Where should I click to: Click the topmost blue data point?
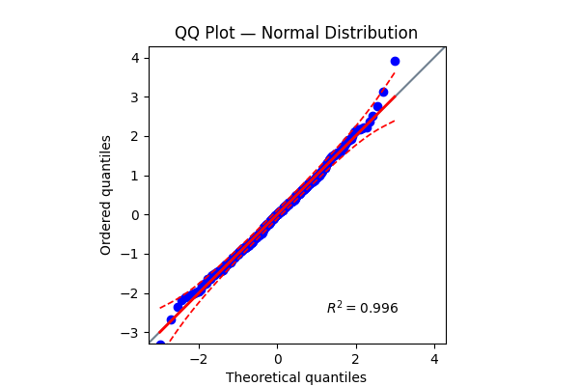[395, 61]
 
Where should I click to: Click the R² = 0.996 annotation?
[362, 308]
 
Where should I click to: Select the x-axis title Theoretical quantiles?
[296, 377]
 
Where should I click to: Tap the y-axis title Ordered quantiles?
[106, 195]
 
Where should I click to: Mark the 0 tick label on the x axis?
[277, 357]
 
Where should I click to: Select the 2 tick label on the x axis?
[356, 357]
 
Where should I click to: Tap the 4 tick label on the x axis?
[434, 357]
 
